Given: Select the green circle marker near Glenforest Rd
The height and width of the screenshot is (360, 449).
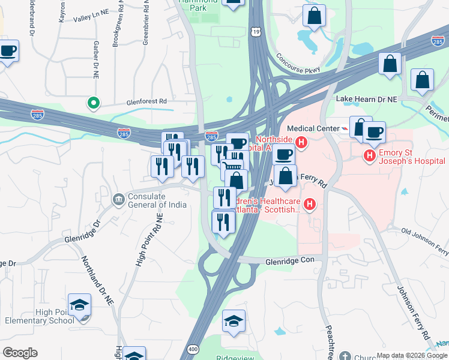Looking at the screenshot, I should (x=93, y=104).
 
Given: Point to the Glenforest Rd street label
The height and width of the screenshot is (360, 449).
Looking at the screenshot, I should (x=146, y=102).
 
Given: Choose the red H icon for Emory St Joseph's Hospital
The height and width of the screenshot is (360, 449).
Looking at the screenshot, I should (x=369, y=157).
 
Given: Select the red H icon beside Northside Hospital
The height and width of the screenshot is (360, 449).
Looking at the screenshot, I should (x=301, y=143).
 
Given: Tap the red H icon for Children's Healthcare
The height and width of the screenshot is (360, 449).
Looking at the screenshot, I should (x=310, y=205).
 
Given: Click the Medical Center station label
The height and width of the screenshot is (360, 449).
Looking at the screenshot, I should (x=312, y=128).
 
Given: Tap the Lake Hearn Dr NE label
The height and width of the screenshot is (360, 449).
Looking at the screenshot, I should (x=367, y=98).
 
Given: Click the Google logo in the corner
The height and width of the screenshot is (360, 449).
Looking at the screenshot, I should (x=20, y=353).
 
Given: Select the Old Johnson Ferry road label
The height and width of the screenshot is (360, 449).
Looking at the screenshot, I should (x=425, y=239).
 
